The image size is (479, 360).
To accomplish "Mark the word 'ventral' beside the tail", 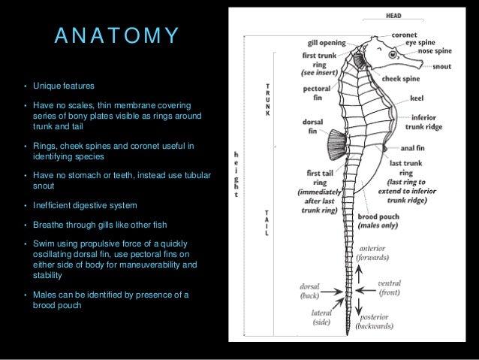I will point(389,283).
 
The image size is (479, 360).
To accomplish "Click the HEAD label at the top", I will point(393,15).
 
